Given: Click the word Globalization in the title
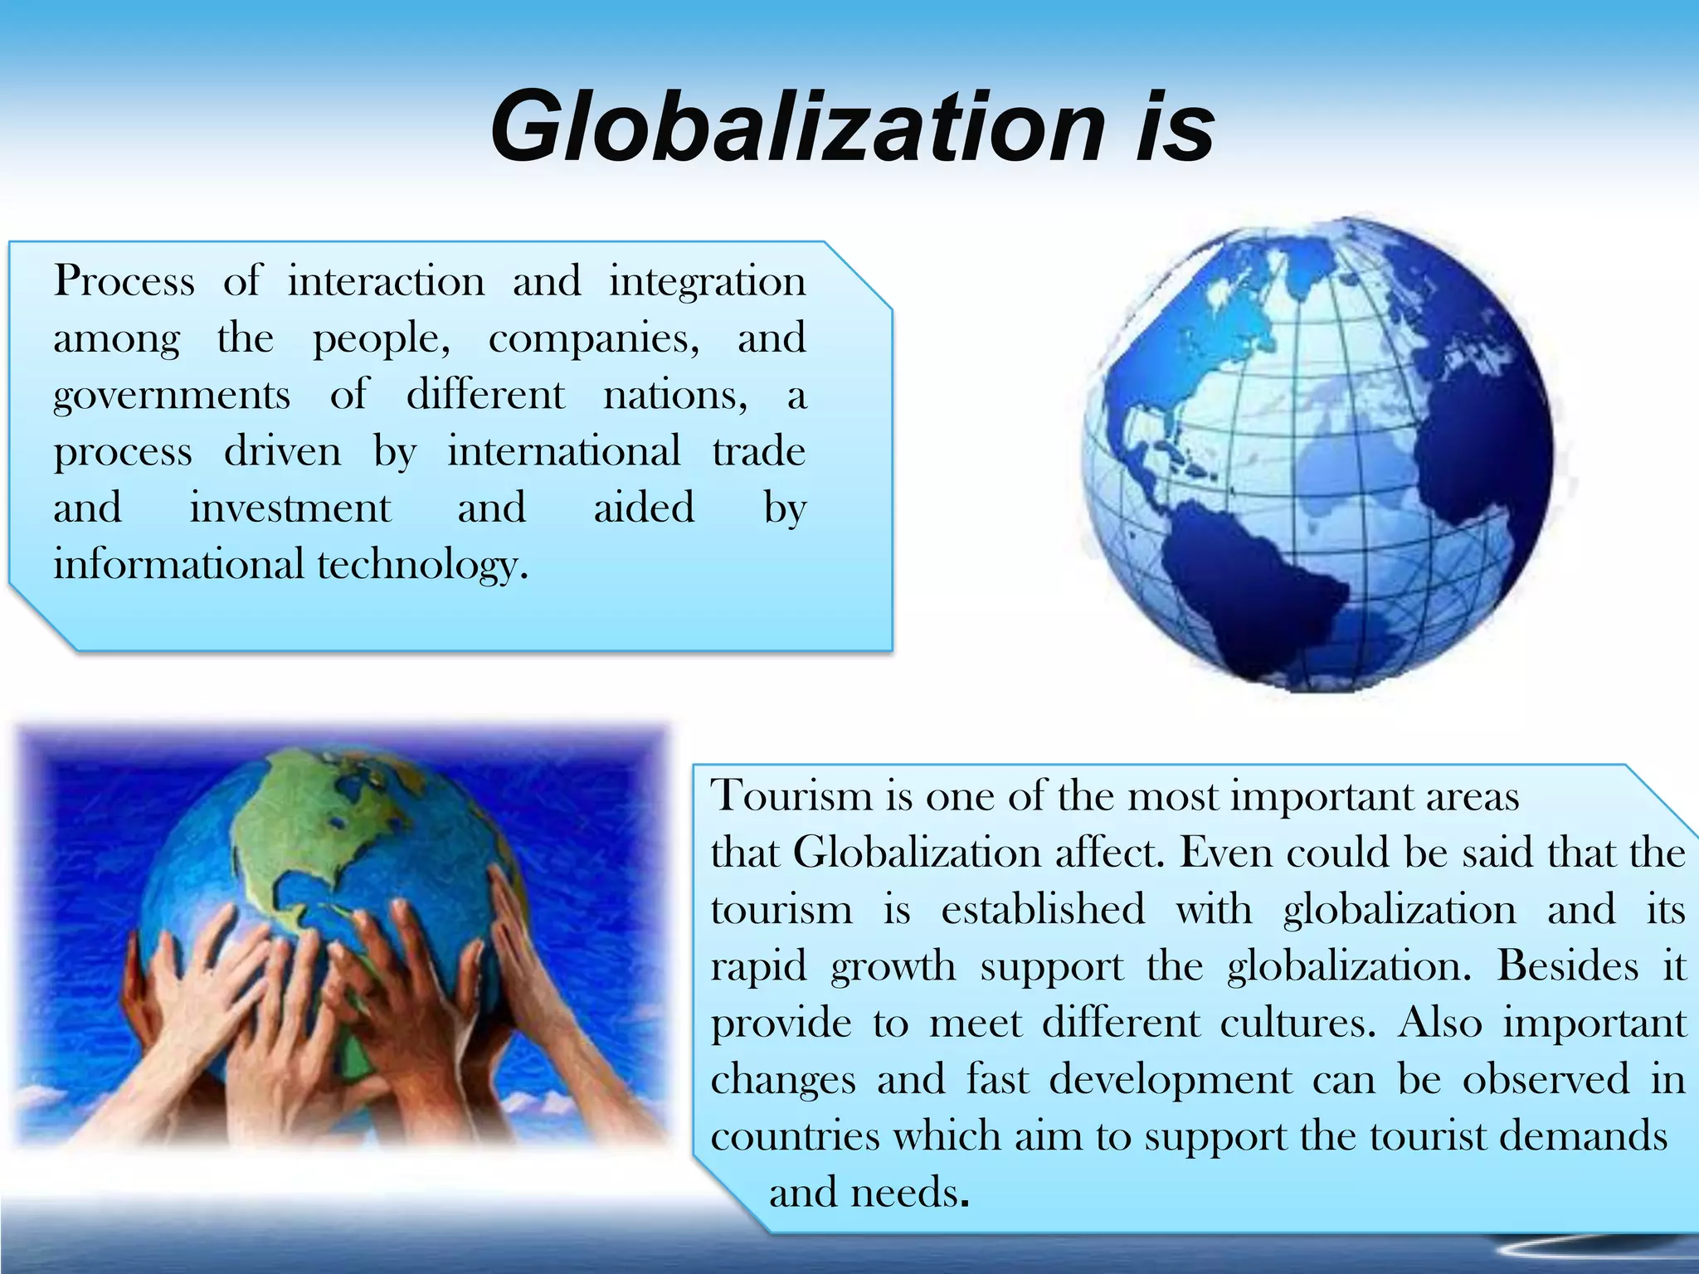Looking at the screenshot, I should coord(796,129).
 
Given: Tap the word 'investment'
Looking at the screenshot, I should coord(290,508).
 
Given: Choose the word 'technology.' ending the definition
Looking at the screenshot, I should coord(423,566).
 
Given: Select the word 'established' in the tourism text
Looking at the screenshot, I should coord(1043,910).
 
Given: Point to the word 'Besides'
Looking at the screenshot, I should coord(1567,966).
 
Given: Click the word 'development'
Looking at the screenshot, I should coord(1171,1080).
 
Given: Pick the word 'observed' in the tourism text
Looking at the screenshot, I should coord(1546,1080).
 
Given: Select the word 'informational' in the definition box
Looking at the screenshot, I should coord(178,566).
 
